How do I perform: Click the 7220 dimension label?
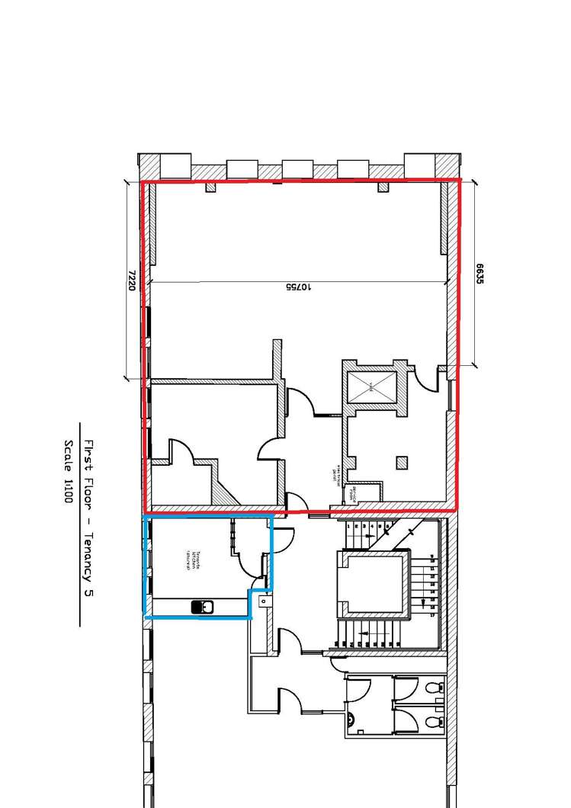131,280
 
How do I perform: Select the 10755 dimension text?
298,287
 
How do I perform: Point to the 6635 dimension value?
480,274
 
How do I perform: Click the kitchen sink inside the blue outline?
203,608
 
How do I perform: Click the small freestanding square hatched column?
402,462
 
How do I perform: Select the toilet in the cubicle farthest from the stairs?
434,721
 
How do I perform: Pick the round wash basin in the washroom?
353,719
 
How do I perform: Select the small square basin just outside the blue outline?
263,602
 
